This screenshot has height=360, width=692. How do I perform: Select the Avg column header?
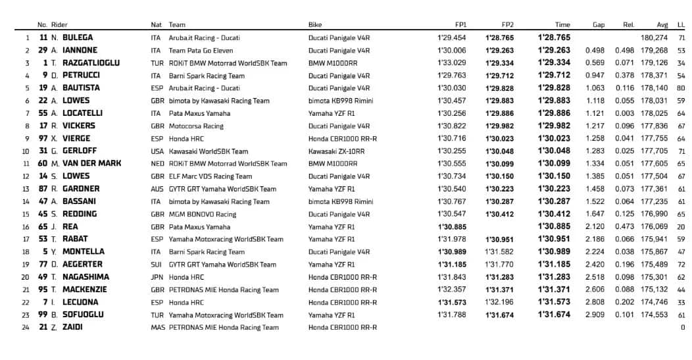point(662,25)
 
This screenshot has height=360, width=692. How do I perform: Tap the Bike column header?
point(315,25)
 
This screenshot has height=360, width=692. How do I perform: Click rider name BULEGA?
point(77,38)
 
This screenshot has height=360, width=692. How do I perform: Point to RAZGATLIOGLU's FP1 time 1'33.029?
point(451,63)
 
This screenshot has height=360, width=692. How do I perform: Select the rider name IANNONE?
point(80,50)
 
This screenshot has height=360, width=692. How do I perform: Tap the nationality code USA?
point(157,151)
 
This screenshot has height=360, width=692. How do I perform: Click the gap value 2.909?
point(595,315)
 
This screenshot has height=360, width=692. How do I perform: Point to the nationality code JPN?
point(157,277)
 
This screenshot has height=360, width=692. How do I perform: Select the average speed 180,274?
point(654,38)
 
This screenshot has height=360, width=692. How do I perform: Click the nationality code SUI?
point(156,265)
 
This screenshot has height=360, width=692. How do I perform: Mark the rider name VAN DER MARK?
point(91,164)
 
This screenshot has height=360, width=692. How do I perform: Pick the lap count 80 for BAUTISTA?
point(681,88)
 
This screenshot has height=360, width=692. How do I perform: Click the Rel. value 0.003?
point(624,113)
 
